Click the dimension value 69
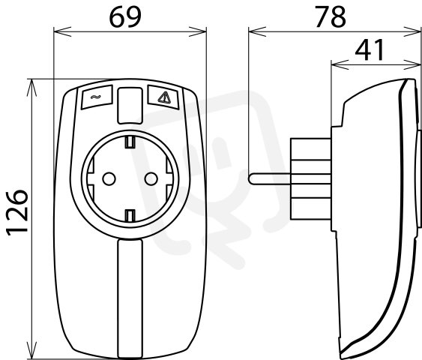(125, 17)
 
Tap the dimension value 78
(331, 17)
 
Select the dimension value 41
(370, 50)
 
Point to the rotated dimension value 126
(16, 213)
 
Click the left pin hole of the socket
(109, 178)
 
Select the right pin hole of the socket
(151, 178)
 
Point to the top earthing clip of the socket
(130, 142)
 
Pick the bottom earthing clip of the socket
(130, 215)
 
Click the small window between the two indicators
(130, 106)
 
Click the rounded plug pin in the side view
(270, 179)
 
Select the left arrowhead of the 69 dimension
(62, 31)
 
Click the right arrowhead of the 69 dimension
(198, 31)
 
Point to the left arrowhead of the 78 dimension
(257, 31)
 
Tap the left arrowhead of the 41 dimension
(340, 64)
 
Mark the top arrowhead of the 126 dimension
(32, 88)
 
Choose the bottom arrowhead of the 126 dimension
(32, 350)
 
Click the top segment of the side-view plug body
(311, 149)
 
